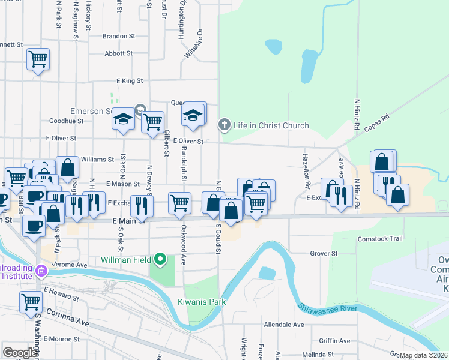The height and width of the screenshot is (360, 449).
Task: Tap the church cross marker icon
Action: (x=224, y=125)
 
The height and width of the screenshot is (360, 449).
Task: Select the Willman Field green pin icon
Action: (x=160, y=260)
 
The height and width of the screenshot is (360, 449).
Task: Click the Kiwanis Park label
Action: (x=202, y=302)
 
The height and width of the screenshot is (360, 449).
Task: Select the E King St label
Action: (x=130, y=80)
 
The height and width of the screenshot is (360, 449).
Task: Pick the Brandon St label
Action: (x=118, y=36)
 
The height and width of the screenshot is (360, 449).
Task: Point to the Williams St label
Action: (x=97, y=160)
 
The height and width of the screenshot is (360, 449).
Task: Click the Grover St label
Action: (x=324, y=253)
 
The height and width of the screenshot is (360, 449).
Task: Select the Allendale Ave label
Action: (x=284, y=325)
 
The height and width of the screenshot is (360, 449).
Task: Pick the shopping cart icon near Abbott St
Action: (x=38, y=59)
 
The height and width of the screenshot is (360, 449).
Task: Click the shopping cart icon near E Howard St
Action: (x=31, y=302)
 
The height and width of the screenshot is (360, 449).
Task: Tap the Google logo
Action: (x=20, y=353)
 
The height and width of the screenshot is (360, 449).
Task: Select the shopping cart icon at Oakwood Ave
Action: (x=179, y=203)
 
